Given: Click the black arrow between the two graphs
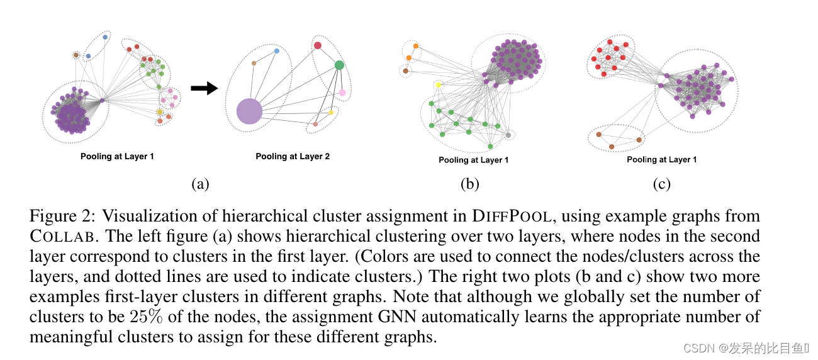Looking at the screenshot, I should (203, 89).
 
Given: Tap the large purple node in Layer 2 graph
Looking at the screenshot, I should (249, 111).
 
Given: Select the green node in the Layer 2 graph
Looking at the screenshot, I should (339, 65).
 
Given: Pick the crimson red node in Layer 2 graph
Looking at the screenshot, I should (318, 45).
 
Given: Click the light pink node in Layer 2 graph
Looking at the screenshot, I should (342, 93).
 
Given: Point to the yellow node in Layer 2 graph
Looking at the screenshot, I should (331, 112).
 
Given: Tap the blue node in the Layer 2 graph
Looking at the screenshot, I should (276, 50).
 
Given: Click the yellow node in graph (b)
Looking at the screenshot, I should (439, 85).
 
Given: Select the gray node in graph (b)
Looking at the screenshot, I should (508, 135).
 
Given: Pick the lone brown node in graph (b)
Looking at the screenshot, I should (405, 70).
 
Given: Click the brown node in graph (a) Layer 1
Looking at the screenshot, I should (76, 55).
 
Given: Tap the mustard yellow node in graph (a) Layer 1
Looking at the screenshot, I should (159, 112).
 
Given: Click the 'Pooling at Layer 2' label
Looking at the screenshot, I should (293, 156).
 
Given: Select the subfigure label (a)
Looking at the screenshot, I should (199, 184).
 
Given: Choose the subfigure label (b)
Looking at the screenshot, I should (469, 184).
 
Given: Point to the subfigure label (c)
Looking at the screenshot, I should (661, 184).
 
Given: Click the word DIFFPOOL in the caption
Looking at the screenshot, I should (513, 217).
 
